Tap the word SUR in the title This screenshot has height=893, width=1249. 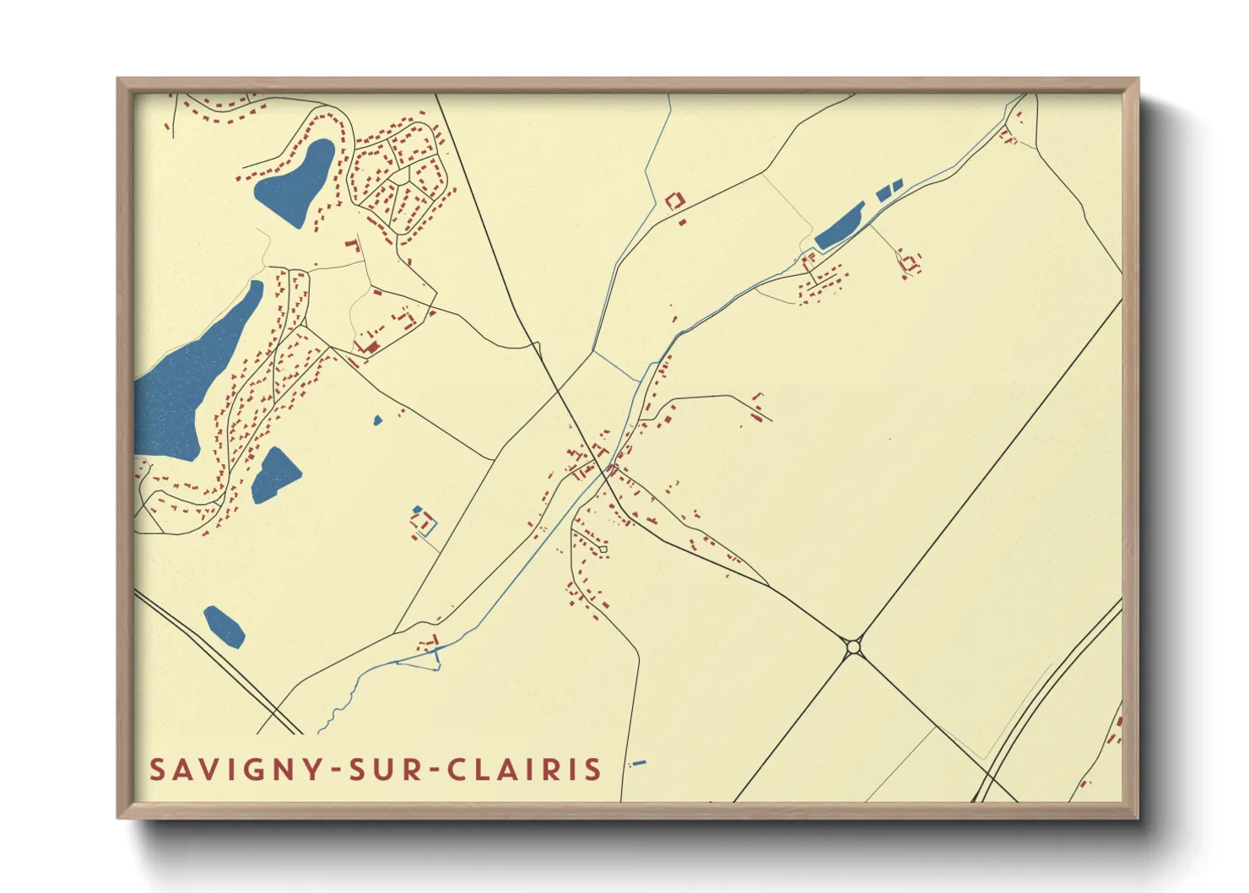(386, 770)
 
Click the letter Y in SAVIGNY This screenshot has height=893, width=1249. (313, 770)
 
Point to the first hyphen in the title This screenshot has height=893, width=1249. (336, 771)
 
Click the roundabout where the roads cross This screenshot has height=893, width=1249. (853, 647)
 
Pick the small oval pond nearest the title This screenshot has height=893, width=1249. (224, 626)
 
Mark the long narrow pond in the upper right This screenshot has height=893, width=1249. (839, 226)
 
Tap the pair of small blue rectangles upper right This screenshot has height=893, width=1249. (889, 190)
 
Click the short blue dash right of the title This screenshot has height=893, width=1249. (639, 763)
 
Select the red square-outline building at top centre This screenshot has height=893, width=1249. (674, 201)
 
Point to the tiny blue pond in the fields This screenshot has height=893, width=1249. (377, 419)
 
